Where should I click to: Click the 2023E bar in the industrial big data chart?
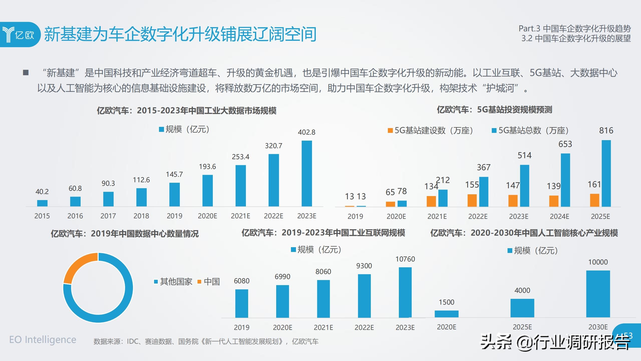click(307, 173)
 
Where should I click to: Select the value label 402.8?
click(306, 132)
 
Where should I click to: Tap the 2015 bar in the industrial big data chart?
click(42, 203)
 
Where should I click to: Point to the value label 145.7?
click(174, 174)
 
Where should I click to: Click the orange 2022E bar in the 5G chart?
click(472, 200)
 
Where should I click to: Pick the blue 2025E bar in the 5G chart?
click(606, 173)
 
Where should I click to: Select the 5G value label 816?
click(606, 130)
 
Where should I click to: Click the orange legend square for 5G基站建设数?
click(390, 131)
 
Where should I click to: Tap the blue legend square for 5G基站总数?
click(494, 131)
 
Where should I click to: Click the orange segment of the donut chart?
click(79, 266)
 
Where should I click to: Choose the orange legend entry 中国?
click(209, 282)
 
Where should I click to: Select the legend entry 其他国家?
click(173, 282)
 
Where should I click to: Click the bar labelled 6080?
click(242, 303)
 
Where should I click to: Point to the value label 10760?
click(405, 259)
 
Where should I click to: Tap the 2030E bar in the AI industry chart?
click(598, 294)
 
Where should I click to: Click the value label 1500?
click(446, 302)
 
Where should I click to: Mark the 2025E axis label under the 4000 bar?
click(522, 327)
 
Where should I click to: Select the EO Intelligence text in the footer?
click(43, 340)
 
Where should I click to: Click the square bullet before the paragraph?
click(26, 73)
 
